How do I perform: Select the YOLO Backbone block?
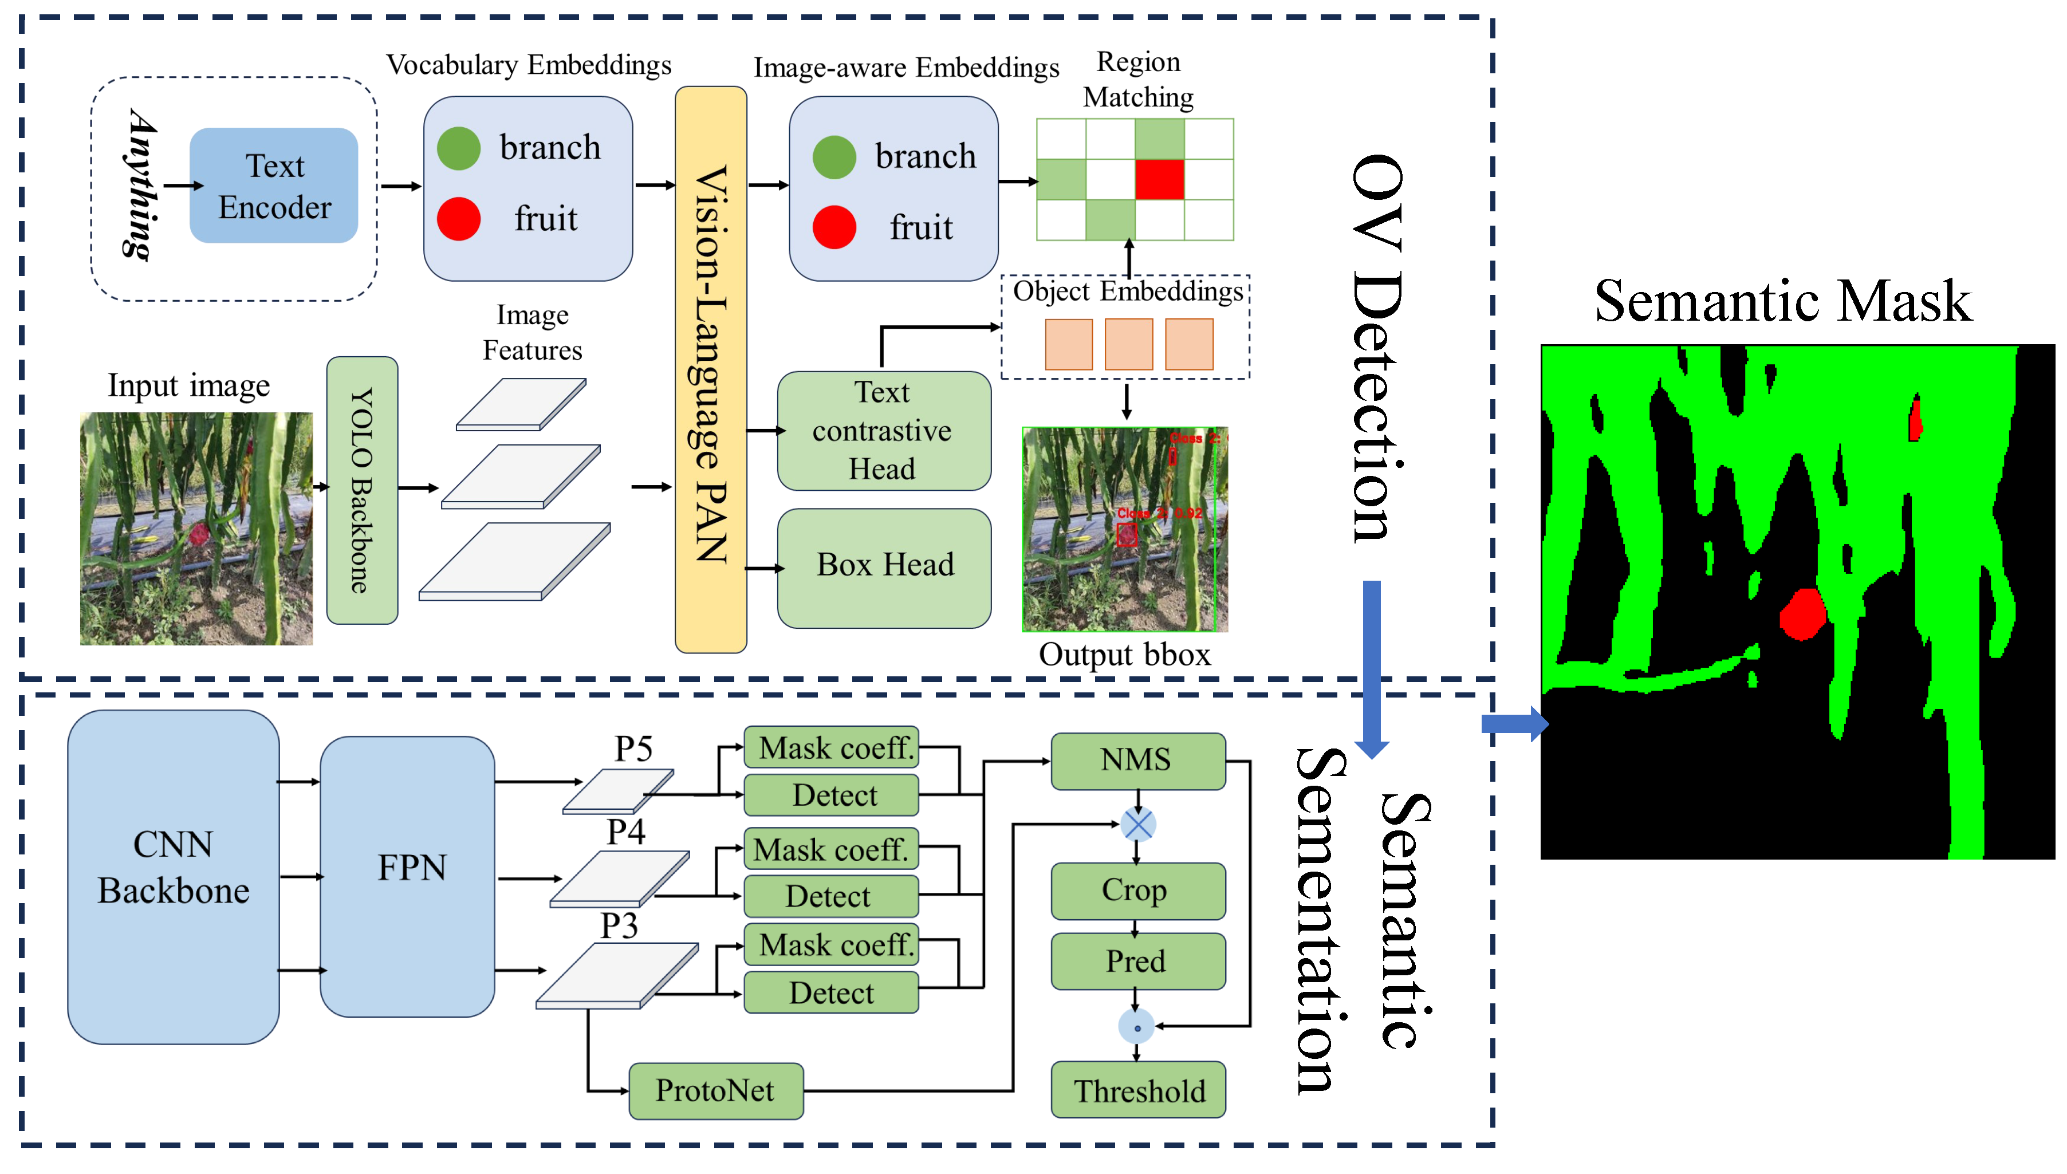click(361, 490)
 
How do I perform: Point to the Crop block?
click(1137, 890)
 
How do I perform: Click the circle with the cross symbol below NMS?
click(1137, 824)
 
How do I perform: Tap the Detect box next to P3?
click(830, 992)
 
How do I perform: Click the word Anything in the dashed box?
click(142, 186)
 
